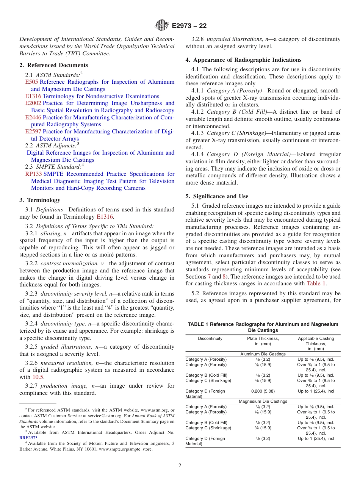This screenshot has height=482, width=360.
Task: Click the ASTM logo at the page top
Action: tap(162, 26)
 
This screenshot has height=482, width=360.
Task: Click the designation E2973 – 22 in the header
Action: tap(189, 26)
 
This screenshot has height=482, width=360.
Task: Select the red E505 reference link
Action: tap(32, 82)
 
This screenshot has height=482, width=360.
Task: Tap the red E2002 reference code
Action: tap(33, 103)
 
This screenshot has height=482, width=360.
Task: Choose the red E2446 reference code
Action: tap(33, 117)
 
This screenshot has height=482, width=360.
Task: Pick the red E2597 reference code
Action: tap(33, 131)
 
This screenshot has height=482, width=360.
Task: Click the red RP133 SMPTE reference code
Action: tap(33, 174)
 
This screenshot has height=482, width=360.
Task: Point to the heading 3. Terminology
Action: tap(40, 200)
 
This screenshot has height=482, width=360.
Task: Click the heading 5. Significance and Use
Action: tap(217, 196)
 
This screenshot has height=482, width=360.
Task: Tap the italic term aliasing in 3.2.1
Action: tap(50, 233)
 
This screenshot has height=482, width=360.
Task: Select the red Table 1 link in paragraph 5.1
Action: tap(316, 283)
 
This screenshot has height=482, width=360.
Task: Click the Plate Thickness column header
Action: tap(263, 338)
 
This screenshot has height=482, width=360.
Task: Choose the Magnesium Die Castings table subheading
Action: tap(263, 401)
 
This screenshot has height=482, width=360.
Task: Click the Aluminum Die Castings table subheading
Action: tap(263, 354)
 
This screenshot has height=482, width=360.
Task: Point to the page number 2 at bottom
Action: tap(180, 466)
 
